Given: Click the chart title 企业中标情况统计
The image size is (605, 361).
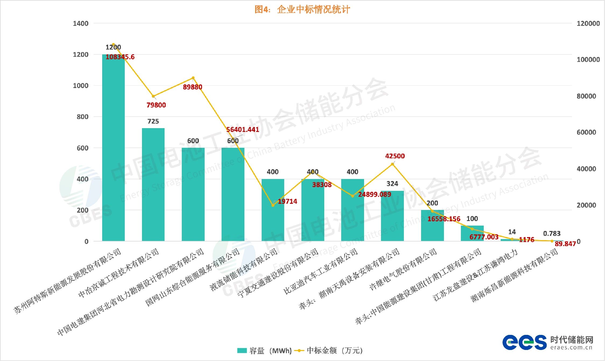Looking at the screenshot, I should pyautogui.click(x=302, y=10).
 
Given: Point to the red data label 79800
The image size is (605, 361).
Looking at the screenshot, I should pyautogui.click(x=156, y=105).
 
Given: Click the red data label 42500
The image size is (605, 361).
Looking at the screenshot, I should pyautogui.click(x=395, y=156).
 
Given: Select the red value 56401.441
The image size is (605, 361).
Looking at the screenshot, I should pyautogui.click(x=243, y=129).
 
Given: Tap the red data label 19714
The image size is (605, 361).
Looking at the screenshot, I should pyautogui.click(x=287, y=201).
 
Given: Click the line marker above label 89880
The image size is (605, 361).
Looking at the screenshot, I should pyautogui.click(x=193, y=78).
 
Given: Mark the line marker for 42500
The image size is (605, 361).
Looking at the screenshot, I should pyautogui.click(x=392, y=164).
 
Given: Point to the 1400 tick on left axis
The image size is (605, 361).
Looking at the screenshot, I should pyautogui.click(x=81, y=23).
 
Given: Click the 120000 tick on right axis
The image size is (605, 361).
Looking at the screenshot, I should pyautogui.click(x=588, y=23).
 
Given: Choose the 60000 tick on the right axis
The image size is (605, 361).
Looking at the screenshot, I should pyautogui.click(x=586, y=132).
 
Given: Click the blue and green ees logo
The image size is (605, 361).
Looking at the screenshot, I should pyautogui.click(x=524, y=342).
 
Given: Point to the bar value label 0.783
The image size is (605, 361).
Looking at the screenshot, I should pyautogui.click(x=552, y=233).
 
